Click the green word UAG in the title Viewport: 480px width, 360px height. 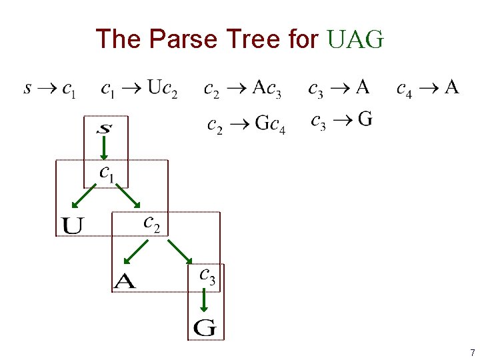356,39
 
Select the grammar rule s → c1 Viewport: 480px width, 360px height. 50,89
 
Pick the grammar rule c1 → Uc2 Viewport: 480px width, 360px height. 139,89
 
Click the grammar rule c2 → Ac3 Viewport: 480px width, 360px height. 243,89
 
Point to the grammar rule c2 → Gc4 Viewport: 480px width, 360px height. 246,125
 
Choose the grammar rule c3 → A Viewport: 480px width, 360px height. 339,88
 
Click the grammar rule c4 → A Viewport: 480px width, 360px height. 427,88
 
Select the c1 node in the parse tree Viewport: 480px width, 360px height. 107,173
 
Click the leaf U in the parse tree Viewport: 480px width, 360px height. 73,225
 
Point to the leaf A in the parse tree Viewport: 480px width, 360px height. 125,281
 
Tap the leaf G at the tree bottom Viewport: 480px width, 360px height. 205,327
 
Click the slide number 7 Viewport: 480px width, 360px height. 472,352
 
